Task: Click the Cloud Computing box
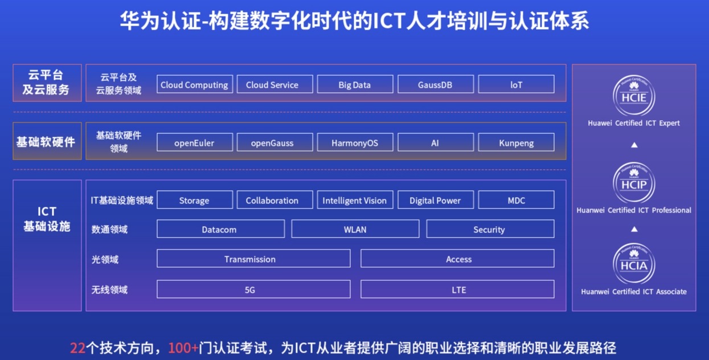coord(195,84)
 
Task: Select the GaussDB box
coord(436,84)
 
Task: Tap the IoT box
coord(517,84)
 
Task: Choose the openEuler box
coord(195,142)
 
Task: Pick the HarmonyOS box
coord(355,142)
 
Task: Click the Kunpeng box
coord(517,142)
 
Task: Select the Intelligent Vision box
coord(355,200)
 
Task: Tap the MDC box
coord(517,200)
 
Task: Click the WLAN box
coord(355,229)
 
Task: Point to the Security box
coord(490,229)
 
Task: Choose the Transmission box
coord(253,259)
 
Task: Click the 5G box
coord(253,289)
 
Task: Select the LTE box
coord(457,289)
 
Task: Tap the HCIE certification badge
coord(634,96)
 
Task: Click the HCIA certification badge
coord(634,264)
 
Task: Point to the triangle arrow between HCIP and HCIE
coord(634,145)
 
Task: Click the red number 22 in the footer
coord(78,348)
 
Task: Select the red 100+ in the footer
coord(183,348)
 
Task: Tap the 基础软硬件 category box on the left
coord(47,141)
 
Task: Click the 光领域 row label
coord(105,259)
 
